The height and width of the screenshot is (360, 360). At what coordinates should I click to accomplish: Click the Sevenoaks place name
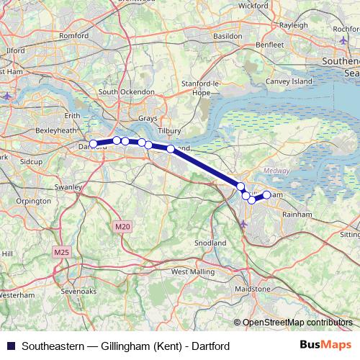(x=79, y=292)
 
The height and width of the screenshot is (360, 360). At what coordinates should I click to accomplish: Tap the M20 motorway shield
(x=122, y=227)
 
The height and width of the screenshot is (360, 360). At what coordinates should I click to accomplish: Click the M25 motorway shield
(x=60, y=253)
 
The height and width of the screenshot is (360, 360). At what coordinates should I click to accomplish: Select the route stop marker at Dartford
(x=93, y=144)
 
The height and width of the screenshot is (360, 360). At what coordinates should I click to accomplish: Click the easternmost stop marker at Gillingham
(x=266, y=194)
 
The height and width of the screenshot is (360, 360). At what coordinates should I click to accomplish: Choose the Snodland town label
(x=211, y=243)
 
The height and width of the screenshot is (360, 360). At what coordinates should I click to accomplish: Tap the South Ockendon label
(x=127, y=92)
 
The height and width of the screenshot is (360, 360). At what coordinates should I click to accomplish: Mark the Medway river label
(x=277, y=171)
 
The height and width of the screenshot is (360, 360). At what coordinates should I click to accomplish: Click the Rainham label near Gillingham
(x=297, y=214)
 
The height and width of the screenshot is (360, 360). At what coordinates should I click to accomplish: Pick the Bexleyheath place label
(x=56, y=131)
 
